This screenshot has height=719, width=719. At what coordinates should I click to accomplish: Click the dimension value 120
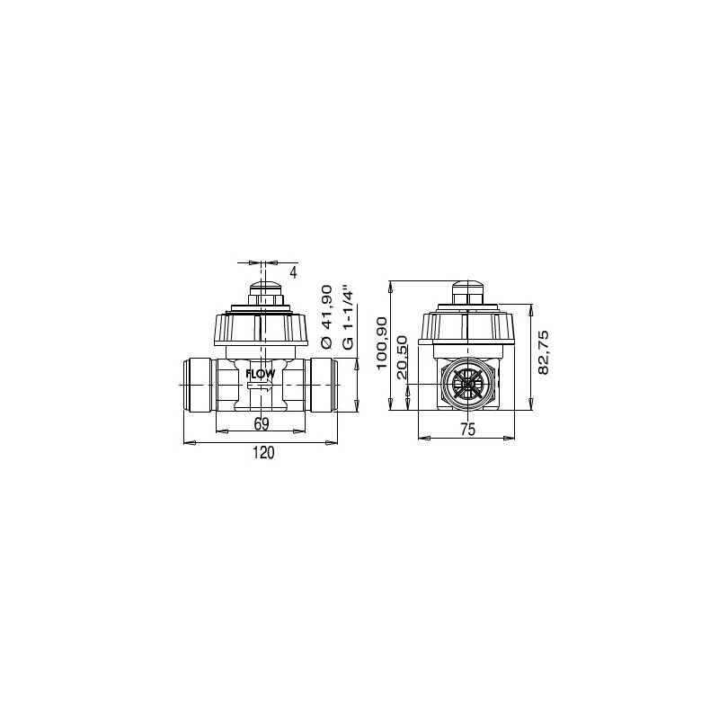point(262,454)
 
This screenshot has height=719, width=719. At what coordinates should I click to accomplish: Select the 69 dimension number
point(262,423)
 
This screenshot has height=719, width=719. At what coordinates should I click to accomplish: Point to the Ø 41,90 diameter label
point(326,316)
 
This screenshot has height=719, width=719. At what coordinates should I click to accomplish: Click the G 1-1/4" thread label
point(350,315)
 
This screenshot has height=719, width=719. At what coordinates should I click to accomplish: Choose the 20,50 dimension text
point(402,357)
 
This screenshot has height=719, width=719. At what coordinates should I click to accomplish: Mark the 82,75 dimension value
point(543,352)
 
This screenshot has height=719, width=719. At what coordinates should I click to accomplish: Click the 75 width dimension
point(467,430)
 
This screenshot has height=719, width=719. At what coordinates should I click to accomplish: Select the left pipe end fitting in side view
point(199,385)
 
